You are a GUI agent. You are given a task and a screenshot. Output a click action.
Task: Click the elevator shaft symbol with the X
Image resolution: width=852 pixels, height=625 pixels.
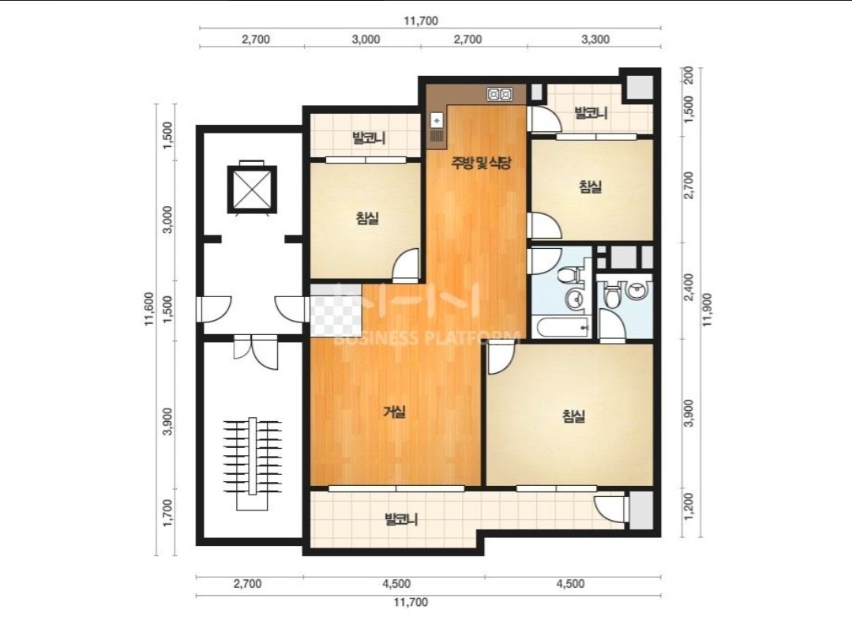click(252, 190)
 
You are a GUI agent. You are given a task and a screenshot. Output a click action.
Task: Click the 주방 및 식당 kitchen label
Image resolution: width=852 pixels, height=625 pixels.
click(482, 162)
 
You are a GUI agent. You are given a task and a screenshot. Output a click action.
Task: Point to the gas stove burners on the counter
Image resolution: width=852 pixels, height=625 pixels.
click(499, 94)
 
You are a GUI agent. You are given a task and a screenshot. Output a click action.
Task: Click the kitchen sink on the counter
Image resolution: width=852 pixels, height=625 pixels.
click(437, 120)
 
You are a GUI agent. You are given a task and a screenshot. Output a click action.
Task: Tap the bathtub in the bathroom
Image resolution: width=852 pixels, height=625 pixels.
click(562, 328)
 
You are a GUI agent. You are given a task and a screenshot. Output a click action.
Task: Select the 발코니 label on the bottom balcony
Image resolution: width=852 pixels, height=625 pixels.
click(401, 519)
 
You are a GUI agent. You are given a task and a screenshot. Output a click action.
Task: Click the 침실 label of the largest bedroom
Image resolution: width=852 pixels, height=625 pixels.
click(574, 416)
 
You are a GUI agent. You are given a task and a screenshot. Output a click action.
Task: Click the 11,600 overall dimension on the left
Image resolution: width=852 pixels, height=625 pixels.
click(149, 309)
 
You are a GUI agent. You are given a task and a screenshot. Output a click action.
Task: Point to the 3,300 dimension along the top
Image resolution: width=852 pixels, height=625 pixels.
click(595, 40)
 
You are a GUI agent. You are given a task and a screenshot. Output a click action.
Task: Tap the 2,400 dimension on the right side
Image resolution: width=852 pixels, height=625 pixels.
click(689, 287)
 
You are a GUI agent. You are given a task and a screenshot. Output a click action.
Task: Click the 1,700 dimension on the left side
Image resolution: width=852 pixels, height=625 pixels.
click(167, 513)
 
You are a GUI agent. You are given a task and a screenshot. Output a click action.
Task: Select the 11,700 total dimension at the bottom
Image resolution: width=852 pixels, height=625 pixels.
click(411, 602)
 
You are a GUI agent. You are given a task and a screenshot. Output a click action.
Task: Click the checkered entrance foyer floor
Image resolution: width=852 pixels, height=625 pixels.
click(336, 310)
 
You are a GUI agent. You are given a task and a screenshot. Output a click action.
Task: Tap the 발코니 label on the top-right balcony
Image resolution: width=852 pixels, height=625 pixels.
click(591, 113)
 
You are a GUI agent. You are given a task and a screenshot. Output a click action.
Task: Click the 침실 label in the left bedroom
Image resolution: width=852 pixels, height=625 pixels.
click(367, 218)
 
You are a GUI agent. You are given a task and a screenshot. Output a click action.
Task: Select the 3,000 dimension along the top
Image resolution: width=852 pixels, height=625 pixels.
click(366, 40)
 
